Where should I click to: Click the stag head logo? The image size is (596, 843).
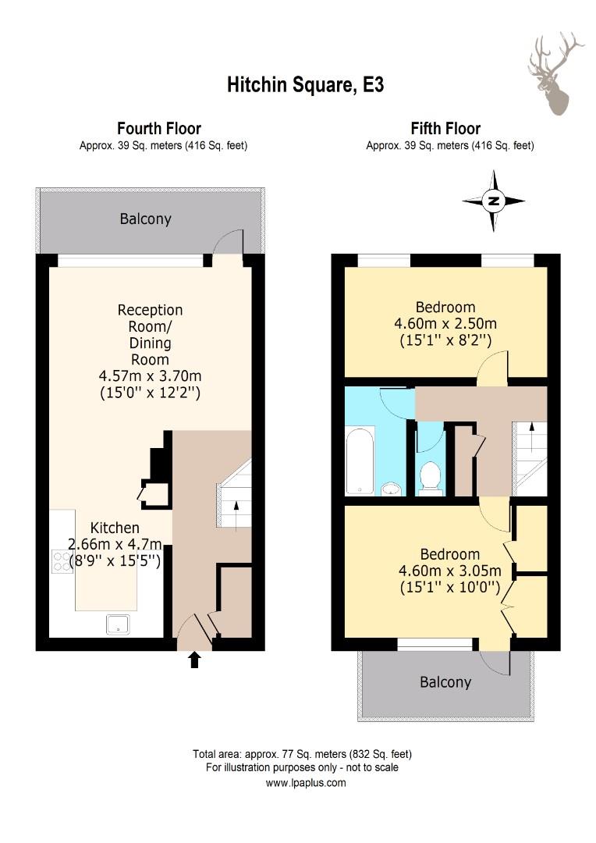tap(555, 73)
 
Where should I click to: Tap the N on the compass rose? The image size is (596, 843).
tap(493, 201)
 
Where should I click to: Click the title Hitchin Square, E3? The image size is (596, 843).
tap(305, 85)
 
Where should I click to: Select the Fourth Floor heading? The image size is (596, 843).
tap(159, 129)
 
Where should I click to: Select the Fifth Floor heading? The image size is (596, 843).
tap(445, 129)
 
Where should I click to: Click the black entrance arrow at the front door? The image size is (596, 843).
tap(194, 660)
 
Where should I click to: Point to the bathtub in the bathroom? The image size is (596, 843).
tap(360, 460)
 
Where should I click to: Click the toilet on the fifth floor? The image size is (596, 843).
tap(430, 478)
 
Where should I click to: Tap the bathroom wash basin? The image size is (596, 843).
tap(392, 489)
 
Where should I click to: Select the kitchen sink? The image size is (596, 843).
tap(118, 624)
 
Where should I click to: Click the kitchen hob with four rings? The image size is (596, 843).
tap(62, 561)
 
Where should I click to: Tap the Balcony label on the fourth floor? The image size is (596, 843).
tap(145, 219)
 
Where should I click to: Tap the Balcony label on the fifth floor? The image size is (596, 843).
tap(445, 682)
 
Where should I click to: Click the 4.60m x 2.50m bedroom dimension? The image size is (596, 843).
tap(445, 324)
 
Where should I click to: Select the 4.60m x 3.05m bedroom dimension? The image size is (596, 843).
tap(450, 571)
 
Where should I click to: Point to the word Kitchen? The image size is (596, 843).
tap(115, 528)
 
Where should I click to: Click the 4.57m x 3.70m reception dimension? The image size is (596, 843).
tap(151, 375)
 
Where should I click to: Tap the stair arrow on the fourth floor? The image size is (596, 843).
tap(236, 516)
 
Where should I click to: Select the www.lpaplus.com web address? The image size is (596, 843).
tap(306, 783)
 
